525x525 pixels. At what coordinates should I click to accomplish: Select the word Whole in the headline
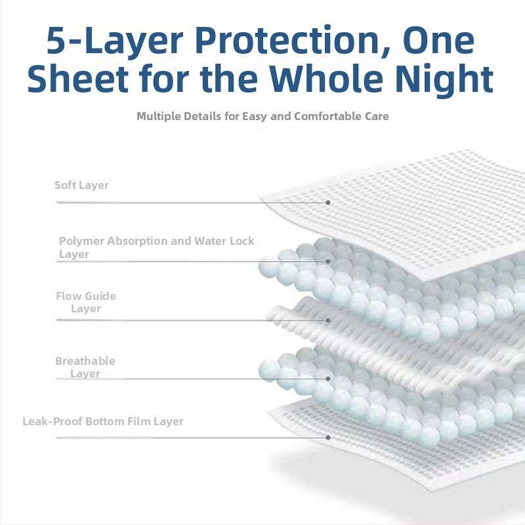(x=326, y=77)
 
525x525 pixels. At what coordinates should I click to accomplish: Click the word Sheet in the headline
(x=77, y=78)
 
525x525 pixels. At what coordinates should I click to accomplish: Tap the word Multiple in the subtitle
(x=159, y=117)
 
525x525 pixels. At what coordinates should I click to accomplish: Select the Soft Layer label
(x=81, y=185)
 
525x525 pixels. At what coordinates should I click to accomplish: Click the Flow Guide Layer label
(x=86, y=302)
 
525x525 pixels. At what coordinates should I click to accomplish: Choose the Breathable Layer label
(x=85, y=367)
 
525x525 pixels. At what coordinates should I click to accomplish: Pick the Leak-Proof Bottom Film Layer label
(x=103, y=421)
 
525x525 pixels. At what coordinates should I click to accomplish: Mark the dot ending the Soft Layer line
(x=328, y=203)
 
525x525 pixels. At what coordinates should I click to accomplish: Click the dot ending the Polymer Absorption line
(x=328, y=261)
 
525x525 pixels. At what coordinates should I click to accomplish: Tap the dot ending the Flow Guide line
(x=328, y=320)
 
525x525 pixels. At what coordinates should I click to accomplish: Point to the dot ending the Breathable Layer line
(x=328, y=379)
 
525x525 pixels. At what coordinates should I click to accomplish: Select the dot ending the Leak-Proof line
(x=328, y=438)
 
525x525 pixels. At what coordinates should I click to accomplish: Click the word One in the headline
(x=438, y=40)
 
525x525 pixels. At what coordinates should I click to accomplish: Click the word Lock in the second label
(x=242, y=241)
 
